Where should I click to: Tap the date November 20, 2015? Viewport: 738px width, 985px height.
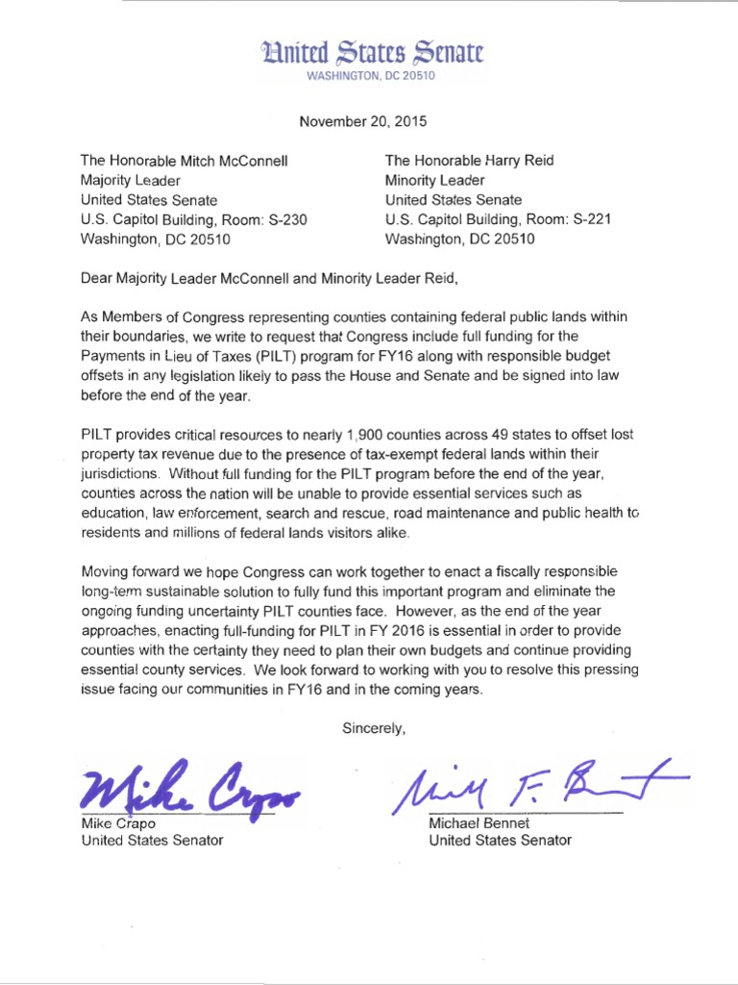(x=362, y=122)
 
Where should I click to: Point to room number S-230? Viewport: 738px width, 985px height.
(x=285, y=219)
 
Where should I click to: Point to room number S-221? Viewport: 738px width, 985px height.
(x=590, y=219)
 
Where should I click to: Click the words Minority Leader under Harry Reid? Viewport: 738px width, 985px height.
(x=434, y=180)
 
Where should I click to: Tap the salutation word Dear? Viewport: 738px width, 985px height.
(x=97, y=279)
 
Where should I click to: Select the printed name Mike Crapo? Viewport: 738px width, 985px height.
(x=113, y=822)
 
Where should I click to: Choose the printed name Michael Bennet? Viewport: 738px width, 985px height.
(x=479, y=822)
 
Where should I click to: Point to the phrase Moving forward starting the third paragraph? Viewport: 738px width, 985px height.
(x=129, y=571)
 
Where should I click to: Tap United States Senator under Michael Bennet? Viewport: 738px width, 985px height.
(x=500, y=840)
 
